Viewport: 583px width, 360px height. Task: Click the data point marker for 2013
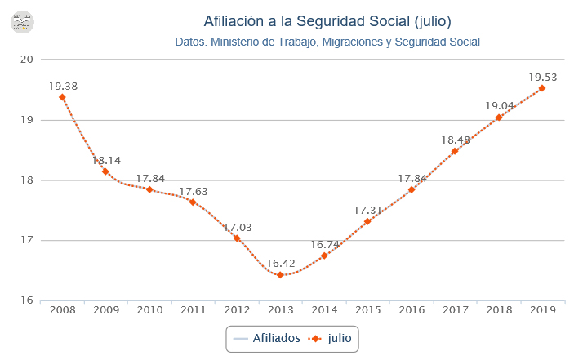pos(280,275)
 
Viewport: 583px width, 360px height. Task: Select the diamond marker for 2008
pos(62,97)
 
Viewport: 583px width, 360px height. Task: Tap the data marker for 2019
pos(542,88)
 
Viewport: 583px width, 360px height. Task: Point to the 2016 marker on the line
pos(412,189)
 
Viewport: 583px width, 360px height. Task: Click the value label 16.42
pos(280,264)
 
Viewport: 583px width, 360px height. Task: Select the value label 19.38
pos(62,86)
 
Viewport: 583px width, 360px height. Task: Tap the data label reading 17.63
pos(193,191)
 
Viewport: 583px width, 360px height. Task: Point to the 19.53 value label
pos(542,78)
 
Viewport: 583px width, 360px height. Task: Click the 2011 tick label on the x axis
pos(193,310)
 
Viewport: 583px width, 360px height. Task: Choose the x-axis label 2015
pos(367,310)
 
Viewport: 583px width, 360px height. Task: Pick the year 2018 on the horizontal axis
pos(498,310)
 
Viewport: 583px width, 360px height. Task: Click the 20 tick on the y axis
pos(27,60)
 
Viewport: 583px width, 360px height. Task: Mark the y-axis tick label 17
pos(27,240)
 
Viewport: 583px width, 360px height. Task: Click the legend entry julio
pos(338,337)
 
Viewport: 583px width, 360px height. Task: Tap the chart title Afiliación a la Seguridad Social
pos(327,20)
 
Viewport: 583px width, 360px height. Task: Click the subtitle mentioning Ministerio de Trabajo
pos(327,42)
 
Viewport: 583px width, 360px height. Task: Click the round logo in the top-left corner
pos(23,22)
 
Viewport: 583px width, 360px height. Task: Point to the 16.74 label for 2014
pos(324,244)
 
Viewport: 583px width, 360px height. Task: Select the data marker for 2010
pos(149,189)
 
